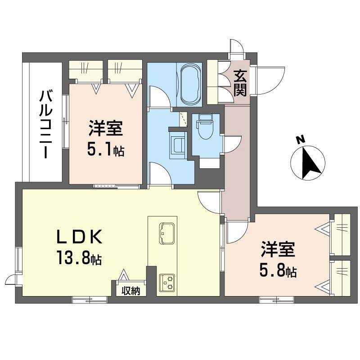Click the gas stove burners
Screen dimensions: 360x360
167,282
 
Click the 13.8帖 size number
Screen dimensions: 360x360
78,258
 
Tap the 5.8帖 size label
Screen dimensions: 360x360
278,271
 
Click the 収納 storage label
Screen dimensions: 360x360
130,291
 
